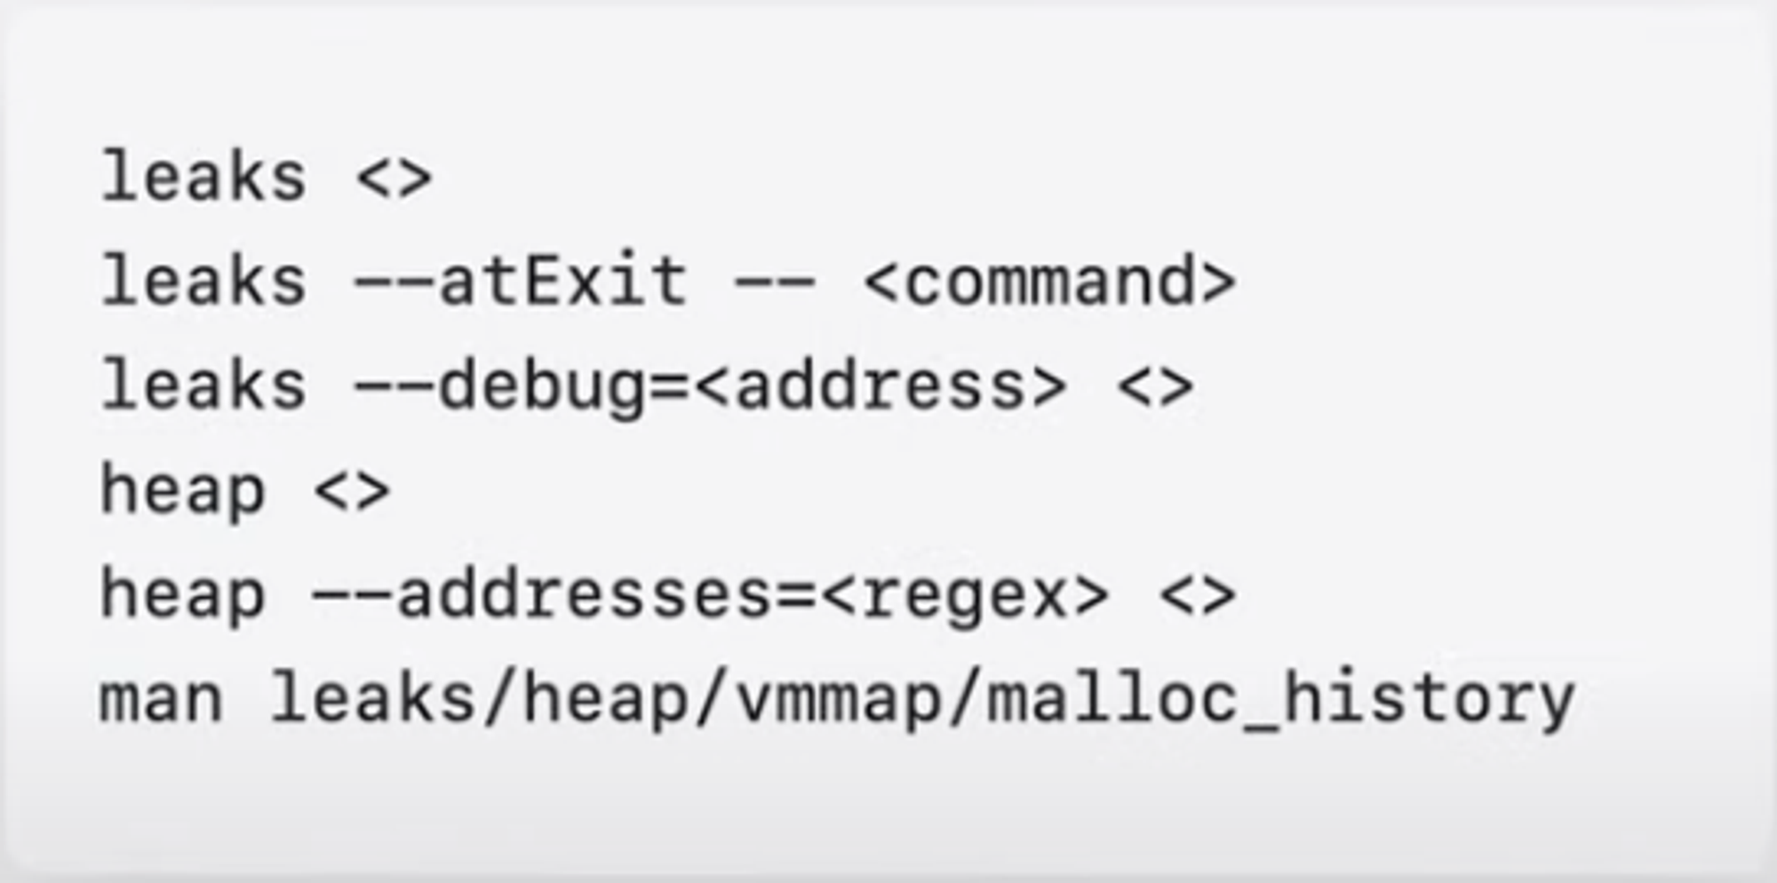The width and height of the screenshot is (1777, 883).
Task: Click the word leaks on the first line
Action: pos(203,177)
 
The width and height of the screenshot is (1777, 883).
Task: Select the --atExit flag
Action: pos(521,281)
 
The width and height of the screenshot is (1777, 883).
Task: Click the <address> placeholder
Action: pos(881,386)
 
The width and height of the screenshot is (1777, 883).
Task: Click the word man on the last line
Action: pos(161,699)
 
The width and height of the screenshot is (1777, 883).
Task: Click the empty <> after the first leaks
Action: pos(394,177)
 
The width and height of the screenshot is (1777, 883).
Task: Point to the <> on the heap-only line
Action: pos(352,490)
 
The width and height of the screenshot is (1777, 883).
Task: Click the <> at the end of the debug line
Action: pos(1155,386)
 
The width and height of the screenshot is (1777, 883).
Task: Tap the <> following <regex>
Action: pos(1198,595)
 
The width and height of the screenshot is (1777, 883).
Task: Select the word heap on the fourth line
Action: pos(182,490)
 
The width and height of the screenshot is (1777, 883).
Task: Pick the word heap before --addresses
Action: pos(182,595)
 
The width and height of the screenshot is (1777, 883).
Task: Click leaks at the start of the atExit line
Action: pos(203,281)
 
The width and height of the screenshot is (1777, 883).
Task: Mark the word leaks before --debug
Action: pos(203,386)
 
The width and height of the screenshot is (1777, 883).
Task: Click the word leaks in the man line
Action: pos(372,699)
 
